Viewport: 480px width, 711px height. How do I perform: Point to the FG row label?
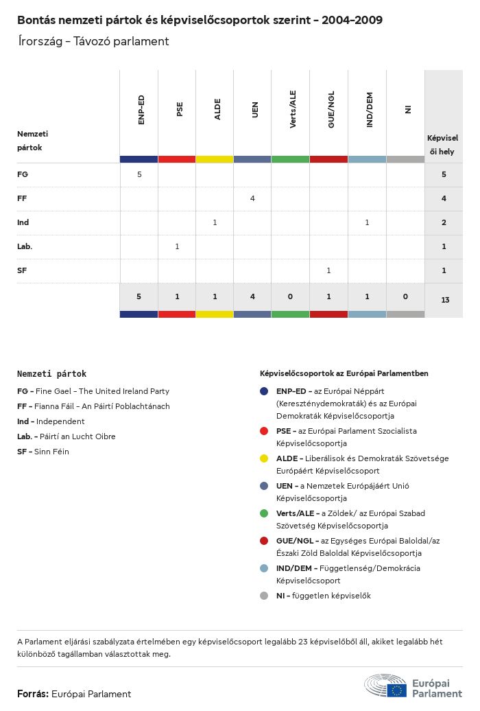click(23, 174)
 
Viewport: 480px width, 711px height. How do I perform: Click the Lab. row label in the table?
click(25, 246)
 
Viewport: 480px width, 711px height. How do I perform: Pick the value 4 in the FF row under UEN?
click(252, 198)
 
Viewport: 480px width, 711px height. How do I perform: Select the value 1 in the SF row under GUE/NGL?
click(328, 270)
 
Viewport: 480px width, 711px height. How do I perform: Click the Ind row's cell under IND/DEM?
click(367, 222)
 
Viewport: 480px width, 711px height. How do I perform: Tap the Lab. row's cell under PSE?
click(177, 246)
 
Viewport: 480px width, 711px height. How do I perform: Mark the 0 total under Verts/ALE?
click(291, 296)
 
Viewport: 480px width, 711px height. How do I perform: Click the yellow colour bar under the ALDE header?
click(215, 159)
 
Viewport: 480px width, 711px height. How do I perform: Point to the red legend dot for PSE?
click(264, 431)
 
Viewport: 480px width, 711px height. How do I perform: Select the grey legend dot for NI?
click(264, 596)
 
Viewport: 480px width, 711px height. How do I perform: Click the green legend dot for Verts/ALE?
click(264, 513)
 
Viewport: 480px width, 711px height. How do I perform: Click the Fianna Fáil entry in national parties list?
click(93, 406)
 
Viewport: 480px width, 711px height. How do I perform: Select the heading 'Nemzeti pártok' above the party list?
click(52, 374)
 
